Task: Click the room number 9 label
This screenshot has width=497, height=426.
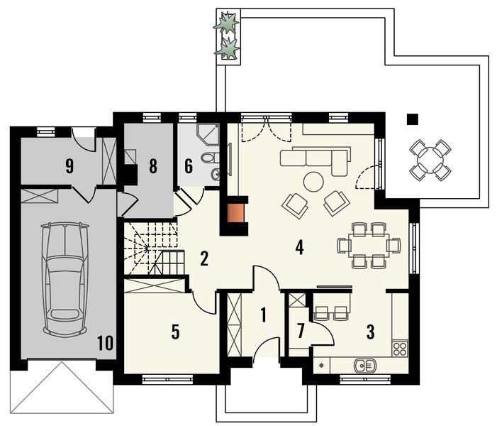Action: coord(69,166)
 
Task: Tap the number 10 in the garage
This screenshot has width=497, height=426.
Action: coord(105,343)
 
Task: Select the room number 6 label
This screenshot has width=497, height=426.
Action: coord(189,166)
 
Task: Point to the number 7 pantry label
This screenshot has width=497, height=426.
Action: coord(301,330)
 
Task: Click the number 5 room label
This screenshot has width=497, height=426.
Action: coord(175,332)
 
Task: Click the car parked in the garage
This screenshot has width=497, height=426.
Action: coord(65,280)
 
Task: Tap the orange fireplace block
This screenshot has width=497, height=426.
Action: coord(235,213)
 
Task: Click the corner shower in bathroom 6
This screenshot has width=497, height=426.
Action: coord(208,134)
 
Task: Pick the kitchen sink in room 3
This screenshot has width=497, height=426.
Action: coord(364,366)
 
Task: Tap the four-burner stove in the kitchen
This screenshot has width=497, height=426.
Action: coord(400,348)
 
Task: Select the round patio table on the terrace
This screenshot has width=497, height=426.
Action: coord(430,160)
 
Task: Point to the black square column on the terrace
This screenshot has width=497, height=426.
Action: coord(413,119)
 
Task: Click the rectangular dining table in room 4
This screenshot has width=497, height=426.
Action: coord(369,246)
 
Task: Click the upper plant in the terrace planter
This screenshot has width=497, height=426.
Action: coord(226,22)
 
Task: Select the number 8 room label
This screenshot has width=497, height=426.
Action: coord(152,166)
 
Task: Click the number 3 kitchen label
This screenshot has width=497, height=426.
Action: coord(370,332)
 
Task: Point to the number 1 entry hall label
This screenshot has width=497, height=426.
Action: coord(263,315)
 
